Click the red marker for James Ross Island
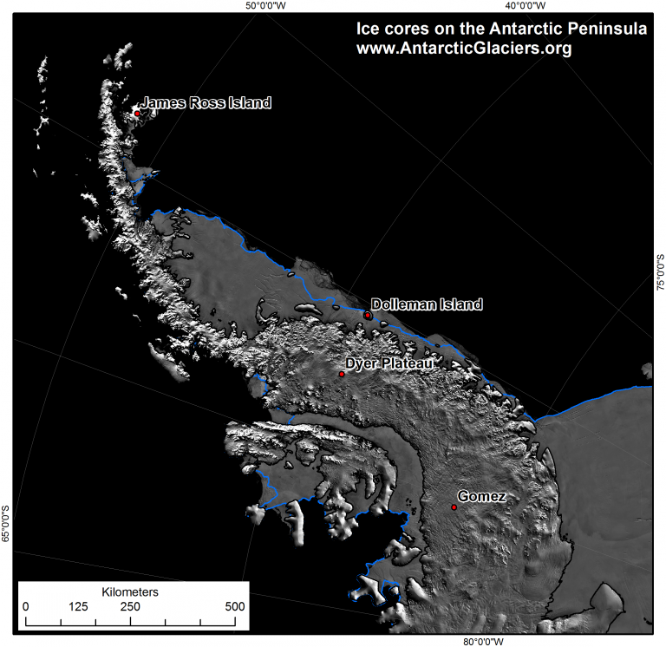137,113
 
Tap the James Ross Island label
206,102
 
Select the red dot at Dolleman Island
368,315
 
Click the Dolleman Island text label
427,304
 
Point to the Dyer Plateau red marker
342,374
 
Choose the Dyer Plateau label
389,363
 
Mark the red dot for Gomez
454,507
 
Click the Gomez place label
482,497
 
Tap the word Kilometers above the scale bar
129,591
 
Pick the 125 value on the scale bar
79,606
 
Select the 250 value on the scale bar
130,606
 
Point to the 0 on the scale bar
25,606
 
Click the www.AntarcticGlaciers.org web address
464,49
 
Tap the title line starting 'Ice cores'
501,29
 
